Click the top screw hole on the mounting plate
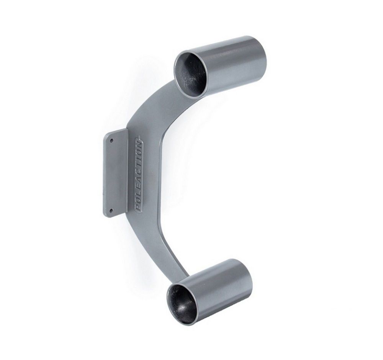pos(111,141)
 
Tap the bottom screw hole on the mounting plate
pos(111,210)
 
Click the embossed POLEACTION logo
pos(139,173)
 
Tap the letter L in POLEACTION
pos(139,192)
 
